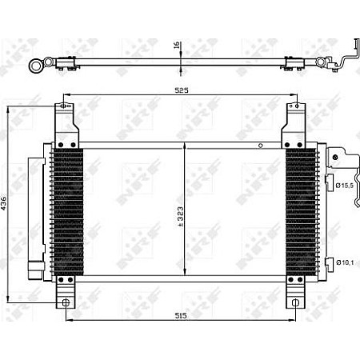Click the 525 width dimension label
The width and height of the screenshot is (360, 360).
tap(182, 90)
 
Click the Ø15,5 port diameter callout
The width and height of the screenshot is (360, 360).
tap(345, 186)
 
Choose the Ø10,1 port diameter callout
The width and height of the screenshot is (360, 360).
tap(345, 262)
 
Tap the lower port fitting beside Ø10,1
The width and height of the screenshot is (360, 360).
tap(330, 260)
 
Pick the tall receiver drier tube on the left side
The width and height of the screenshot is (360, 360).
tap(34, 208)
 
